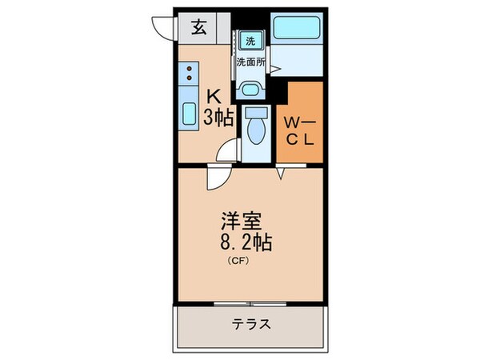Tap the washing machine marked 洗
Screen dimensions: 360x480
coord(250,41)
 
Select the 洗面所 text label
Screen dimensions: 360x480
coord(251,62)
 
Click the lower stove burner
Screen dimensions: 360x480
coord(190,81)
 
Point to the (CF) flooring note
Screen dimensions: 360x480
coord(239,260)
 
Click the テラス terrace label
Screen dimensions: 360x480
coord(252,326)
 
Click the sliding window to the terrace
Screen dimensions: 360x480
coord(251,304)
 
